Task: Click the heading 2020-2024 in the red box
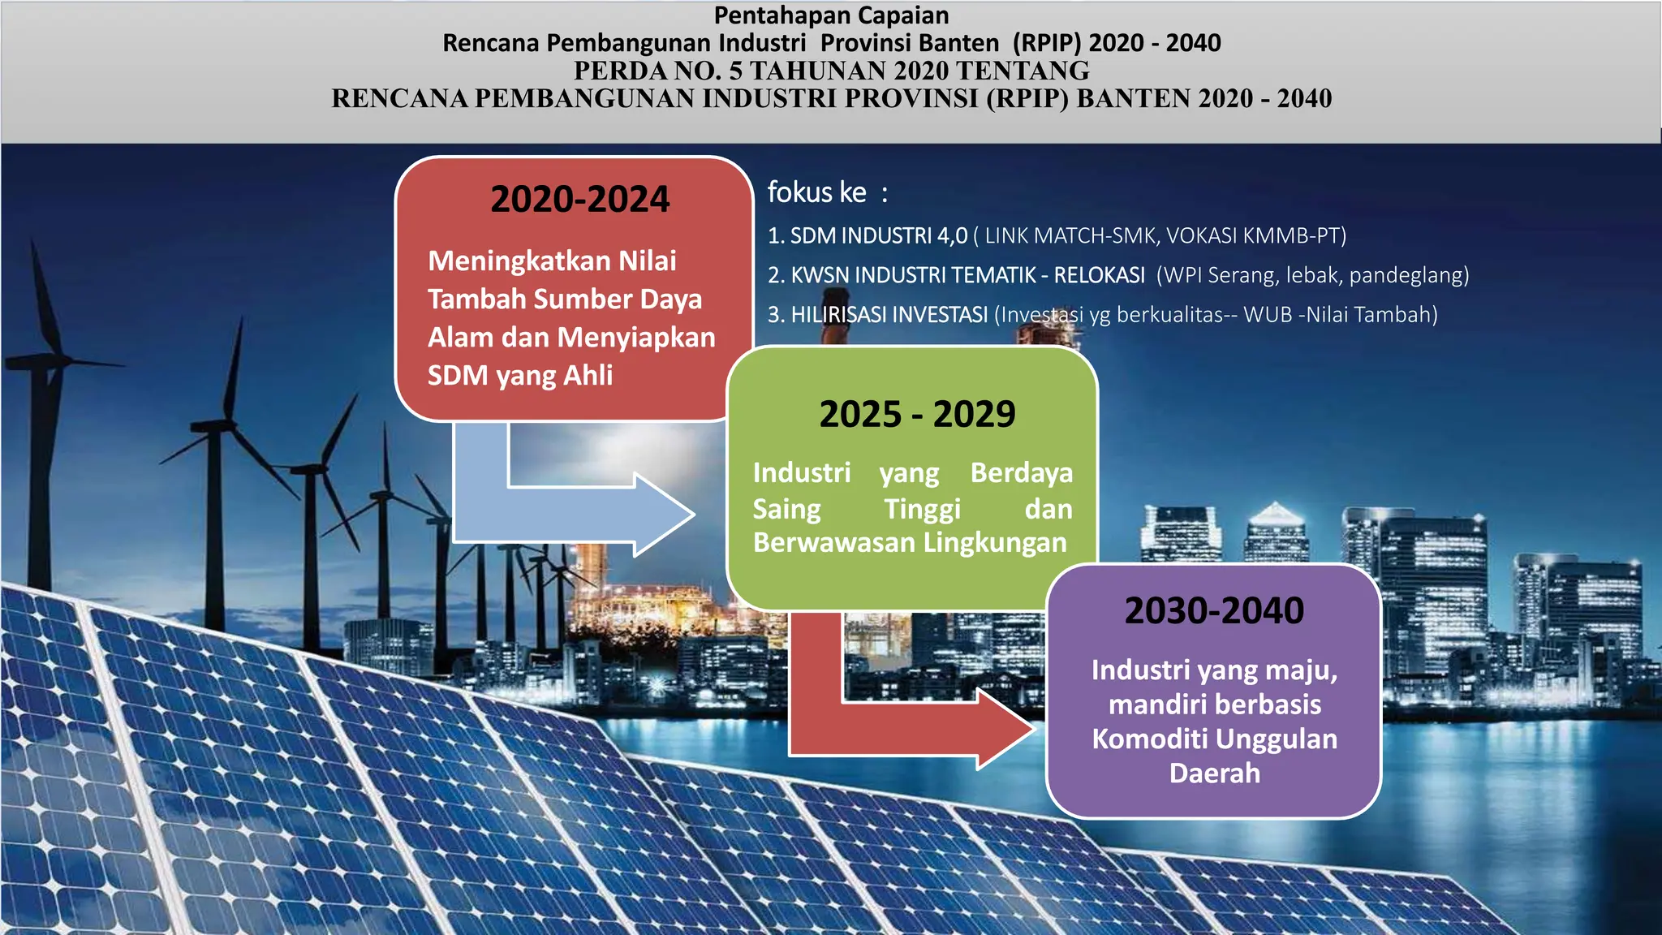click(579, 199)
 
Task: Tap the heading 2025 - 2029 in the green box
click(917, 414)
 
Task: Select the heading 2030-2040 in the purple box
click(1214, 610)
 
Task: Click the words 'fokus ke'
click(816, 192)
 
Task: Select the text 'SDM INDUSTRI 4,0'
click(879, 235)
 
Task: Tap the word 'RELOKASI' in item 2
click(1100, 275)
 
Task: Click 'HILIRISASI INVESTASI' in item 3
click(889, 314)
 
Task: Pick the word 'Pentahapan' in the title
click(772, 15)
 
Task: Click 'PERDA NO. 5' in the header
click(658, 71)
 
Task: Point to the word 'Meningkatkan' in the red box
click(519, 261)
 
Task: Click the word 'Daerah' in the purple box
click(1215, 773)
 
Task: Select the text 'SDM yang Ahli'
click(520, 376)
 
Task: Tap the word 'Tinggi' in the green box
click(922, 509)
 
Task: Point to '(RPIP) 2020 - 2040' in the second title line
click(1117, 43)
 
